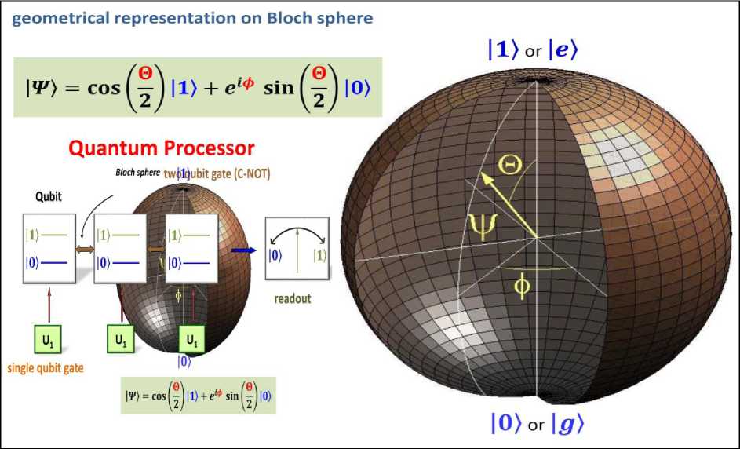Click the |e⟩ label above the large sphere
coord(563,50)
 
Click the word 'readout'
coord(293,299)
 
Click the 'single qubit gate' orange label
coord(46,367)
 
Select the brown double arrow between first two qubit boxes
coord(84,249)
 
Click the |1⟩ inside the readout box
coord(320,254)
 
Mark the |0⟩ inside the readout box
coord(275,254)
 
